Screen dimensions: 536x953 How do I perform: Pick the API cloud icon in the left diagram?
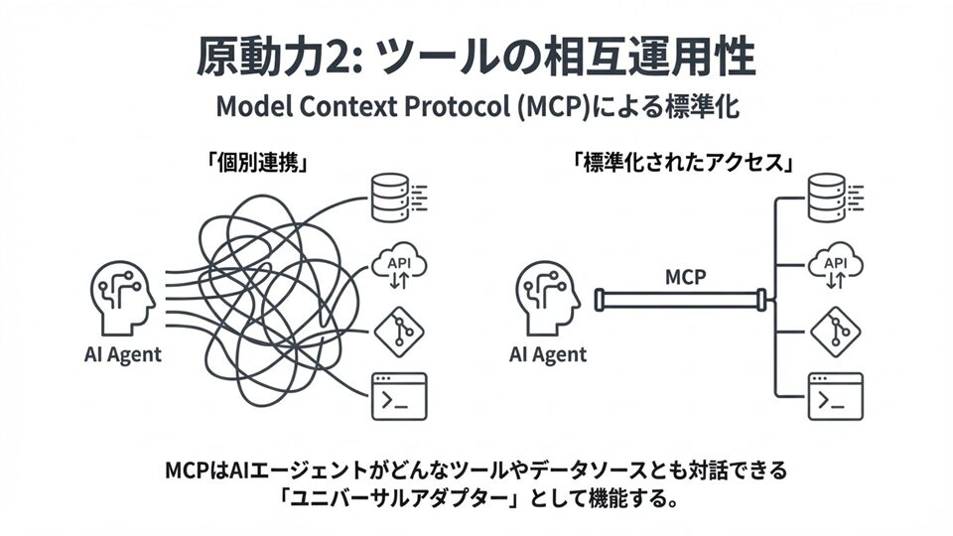click(x=397, y=266)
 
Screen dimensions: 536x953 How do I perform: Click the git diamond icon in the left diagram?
click(x=397, y=331)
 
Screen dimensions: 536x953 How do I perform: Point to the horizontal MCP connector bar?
click(x=680, y=299)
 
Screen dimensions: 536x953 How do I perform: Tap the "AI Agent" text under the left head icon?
click(x=123, y=353)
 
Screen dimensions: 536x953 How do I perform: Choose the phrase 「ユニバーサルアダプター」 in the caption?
click(x=391, y=496)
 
